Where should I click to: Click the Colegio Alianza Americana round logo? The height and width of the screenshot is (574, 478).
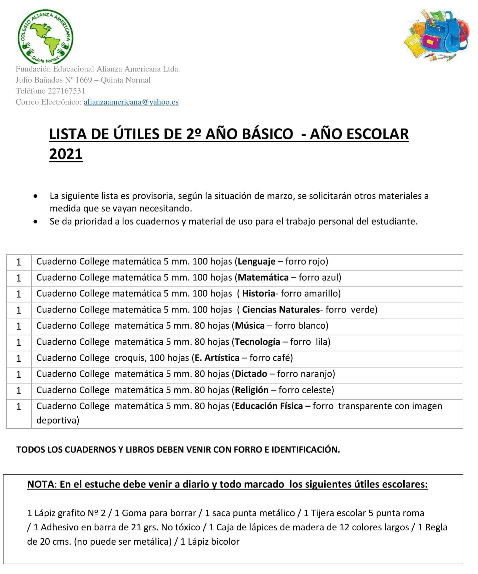click(45, 36)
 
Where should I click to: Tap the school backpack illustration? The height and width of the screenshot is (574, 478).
click(437, 35)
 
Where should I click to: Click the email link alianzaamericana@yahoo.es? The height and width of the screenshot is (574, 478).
click(131, 102)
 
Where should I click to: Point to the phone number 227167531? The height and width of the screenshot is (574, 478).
click(66, 91)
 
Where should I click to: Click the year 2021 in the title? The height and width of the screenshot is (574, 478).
click(66, 154)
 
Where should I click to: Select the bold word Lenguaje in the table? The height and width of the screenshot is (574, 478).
click(257, 261)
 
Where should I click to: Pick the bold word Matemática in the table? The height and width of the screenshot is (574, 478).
click(263, 277)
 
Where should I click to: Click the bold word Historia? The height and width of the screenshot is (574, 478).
click(259, 294)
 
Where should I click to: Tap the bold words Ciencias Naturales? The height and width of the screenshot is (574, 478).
click(281, 310)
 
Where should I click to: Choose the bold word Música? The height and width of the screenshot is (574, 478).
click(250, 326)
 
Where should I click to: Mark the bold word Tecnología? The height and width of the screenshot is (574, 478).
click(257, 342)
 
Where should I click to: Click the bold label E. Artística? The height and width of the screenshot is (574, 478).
click(217, 358)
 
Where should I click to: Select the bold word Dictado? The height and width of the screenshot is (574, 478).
click(251, 374)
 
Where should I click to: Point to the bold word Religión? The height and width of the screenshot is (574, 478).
click(252, 390)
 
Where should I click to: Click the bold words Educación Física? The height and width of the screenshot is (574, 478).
click(269, 406)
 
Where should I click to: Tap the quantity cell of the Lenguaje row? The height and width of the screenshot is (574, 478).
click(19, 262)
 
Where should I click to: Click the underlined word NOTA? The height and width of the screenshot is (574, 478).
click(40, 484)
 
